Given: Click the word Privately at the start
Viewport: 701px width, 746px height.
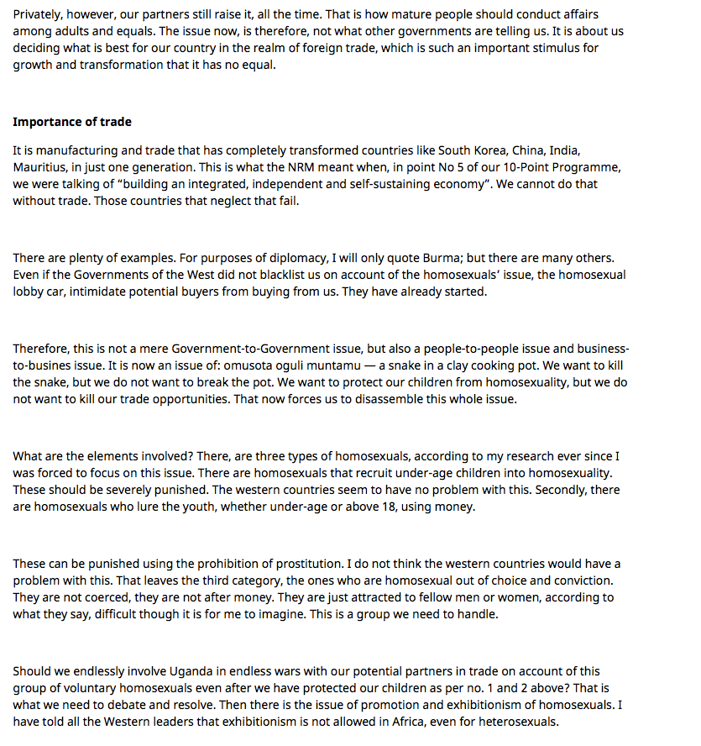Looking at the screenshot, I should pos(38,14).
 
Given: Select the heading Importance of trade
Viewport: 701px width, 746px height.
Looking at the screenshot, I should pos(72,122).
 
